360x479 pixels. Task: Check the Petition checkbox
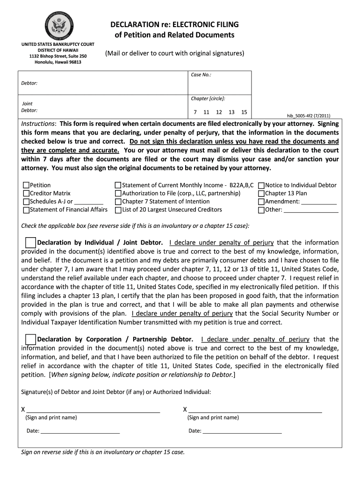click(x=26, y=185)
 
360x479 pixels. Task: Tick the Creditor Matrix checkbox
click(x=26, y=193)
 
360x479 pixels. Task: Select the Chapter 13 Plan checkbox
click(x=261, y=193)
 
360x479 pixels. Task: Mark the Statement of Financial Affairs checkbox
click(x=26, y=210)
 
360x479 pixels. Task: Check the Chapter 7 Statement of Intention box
click(x=118, y=202)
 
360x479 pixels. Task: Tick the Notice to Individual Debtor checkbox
click(x=261, y=185)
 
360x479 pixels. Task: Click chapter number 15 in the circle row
click(x=244, y=112)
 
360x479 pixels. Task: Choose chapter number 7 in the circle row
click(x=195, y=112)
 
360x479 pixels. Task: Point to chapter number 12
click(x=219, y=112)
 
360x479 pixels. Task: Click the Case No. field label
click(x=201, y=75)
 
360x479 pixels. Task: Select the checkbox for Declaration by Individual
click(x=30, y=242)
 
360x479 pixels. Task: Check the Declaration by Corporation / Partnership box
click(x=30, y=339)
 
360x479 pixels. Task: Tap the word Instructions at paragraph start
click(x=38, y=124)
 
